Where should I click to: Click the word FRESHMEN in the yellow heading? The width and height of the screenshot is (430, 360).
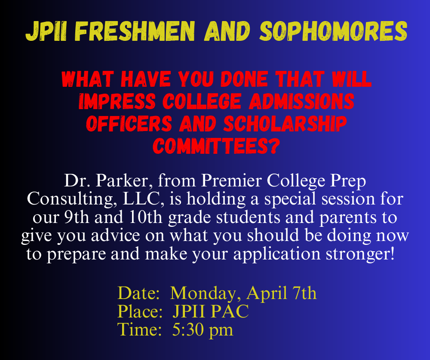(135, 31)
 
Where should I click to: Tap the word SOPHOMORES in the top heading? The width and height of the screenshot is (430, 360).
(333, 31)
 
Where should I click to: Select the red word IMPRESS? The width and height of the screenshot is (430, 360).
(117, 101)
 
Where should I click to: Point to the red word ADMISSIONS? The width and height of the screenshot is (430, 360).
(301, 101)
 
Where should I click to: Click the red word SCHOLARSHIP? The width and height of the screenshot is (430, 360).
(285, 124)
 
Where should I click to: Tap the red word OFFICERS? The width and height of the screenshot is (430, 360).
(129, 124)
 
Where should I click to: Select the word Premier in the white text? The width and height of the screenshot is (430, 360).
(231, 180)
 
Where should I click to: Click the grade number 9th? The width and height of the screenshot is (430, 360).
(77, 217)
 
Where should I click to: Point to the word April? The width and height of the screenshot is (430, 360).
(267, 293)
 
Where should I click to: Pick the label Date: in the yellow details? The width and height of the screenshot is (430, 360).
(138, 293)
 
